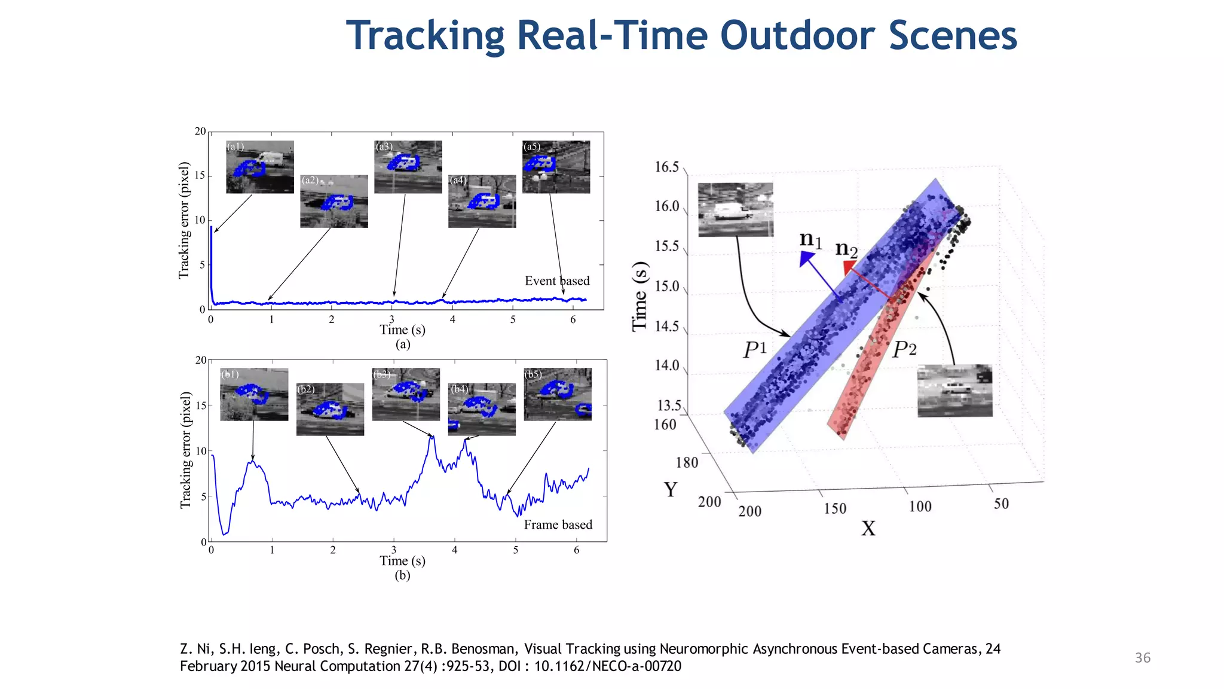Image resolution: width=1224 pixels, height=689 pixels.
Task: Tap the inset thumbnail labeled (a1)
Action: (260, 167)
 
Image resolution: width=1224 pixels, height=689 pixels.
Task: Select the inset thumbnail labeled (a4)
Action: (482, 201)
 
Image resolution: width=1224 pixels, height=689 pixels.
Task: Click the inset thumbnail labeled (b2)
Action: (330, 409)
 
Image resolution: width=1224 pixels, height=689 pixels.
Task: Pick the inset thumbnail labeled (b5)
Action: (558, 394)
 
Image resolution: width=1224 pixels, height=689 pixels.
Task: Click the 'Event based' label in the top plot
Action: (557, 281)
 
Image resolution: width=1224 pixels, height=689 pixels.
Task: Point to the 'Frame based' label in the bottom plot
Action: (558, 525)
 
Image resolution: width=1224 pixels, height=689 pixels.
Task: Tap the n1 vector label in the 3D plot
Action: (811, 240)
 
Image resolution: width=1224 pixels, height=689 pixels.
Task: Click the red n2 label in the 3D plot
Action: (846, 248)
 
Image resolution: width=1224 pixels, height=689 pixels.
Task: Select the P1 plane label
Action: (754, 349)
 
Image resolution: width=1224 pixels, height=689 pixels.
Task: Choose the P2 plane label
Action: (904, 349)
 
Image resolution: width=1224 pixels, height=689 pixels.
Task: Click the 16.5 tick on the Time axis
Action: (666, 167)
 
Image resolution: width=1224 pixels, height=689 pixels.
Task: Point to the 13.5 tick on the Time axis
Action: (669, 406)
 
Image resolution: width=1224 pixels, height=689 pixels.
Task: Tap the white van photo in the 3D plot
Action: (735, 209)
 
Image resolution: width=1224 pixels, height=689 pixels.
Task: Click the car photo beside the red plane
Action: (954, 391)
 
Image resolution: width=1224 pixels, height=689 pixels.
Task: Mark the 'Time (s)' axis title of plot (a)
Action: (402, 330)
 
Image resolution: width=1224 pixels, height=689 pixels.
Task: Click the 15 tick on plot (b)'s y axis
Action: (201, 406)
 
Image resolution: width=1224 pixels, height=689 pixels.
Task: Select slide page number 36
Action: (1142, 658)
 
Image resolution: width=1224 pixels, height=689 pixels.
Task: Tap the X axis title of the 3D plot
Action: (868, 529)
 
